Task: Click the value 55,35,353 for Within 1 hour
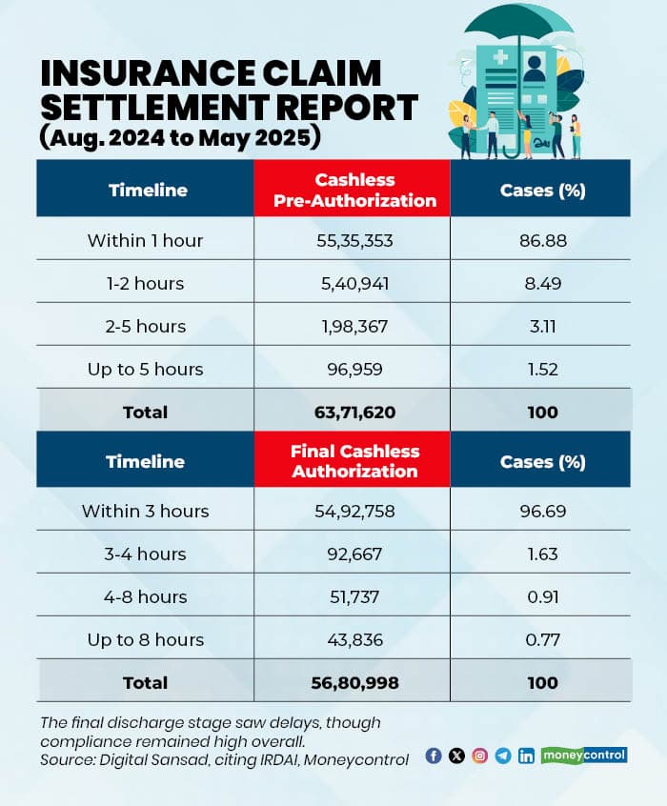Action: [352, 240]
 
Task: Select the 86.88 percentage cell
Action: [542, 240]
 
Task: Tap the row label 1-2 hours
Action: [145, 283]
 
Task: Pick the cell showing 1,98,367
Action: [352, 326]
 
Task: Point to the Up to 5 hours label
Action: [145, 369]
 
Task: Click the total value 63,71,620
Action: [352, 412]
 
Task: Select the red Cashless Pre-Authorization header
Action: [352, 190]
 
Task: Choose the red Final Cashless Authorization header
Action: [352, 461]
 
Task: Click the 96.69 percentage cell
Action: [542, 511]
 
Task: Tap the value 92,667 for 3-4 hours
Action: [352, 554]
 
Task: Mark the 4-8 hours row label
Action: [145, 596]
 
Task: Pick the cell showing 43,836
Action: [352, 639]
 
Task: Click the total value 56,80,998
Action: [352, 682]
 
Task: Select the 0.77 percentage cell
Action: [542, 639]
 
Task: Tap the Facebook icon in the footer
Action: [434, 756]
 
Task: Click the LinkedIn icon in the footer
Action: [526, 756]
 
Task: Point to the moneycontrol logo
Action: [584, 755]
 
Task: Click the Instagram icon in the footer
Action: [480, 756]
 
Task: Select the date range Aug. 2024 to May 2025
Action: [180, 137]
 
